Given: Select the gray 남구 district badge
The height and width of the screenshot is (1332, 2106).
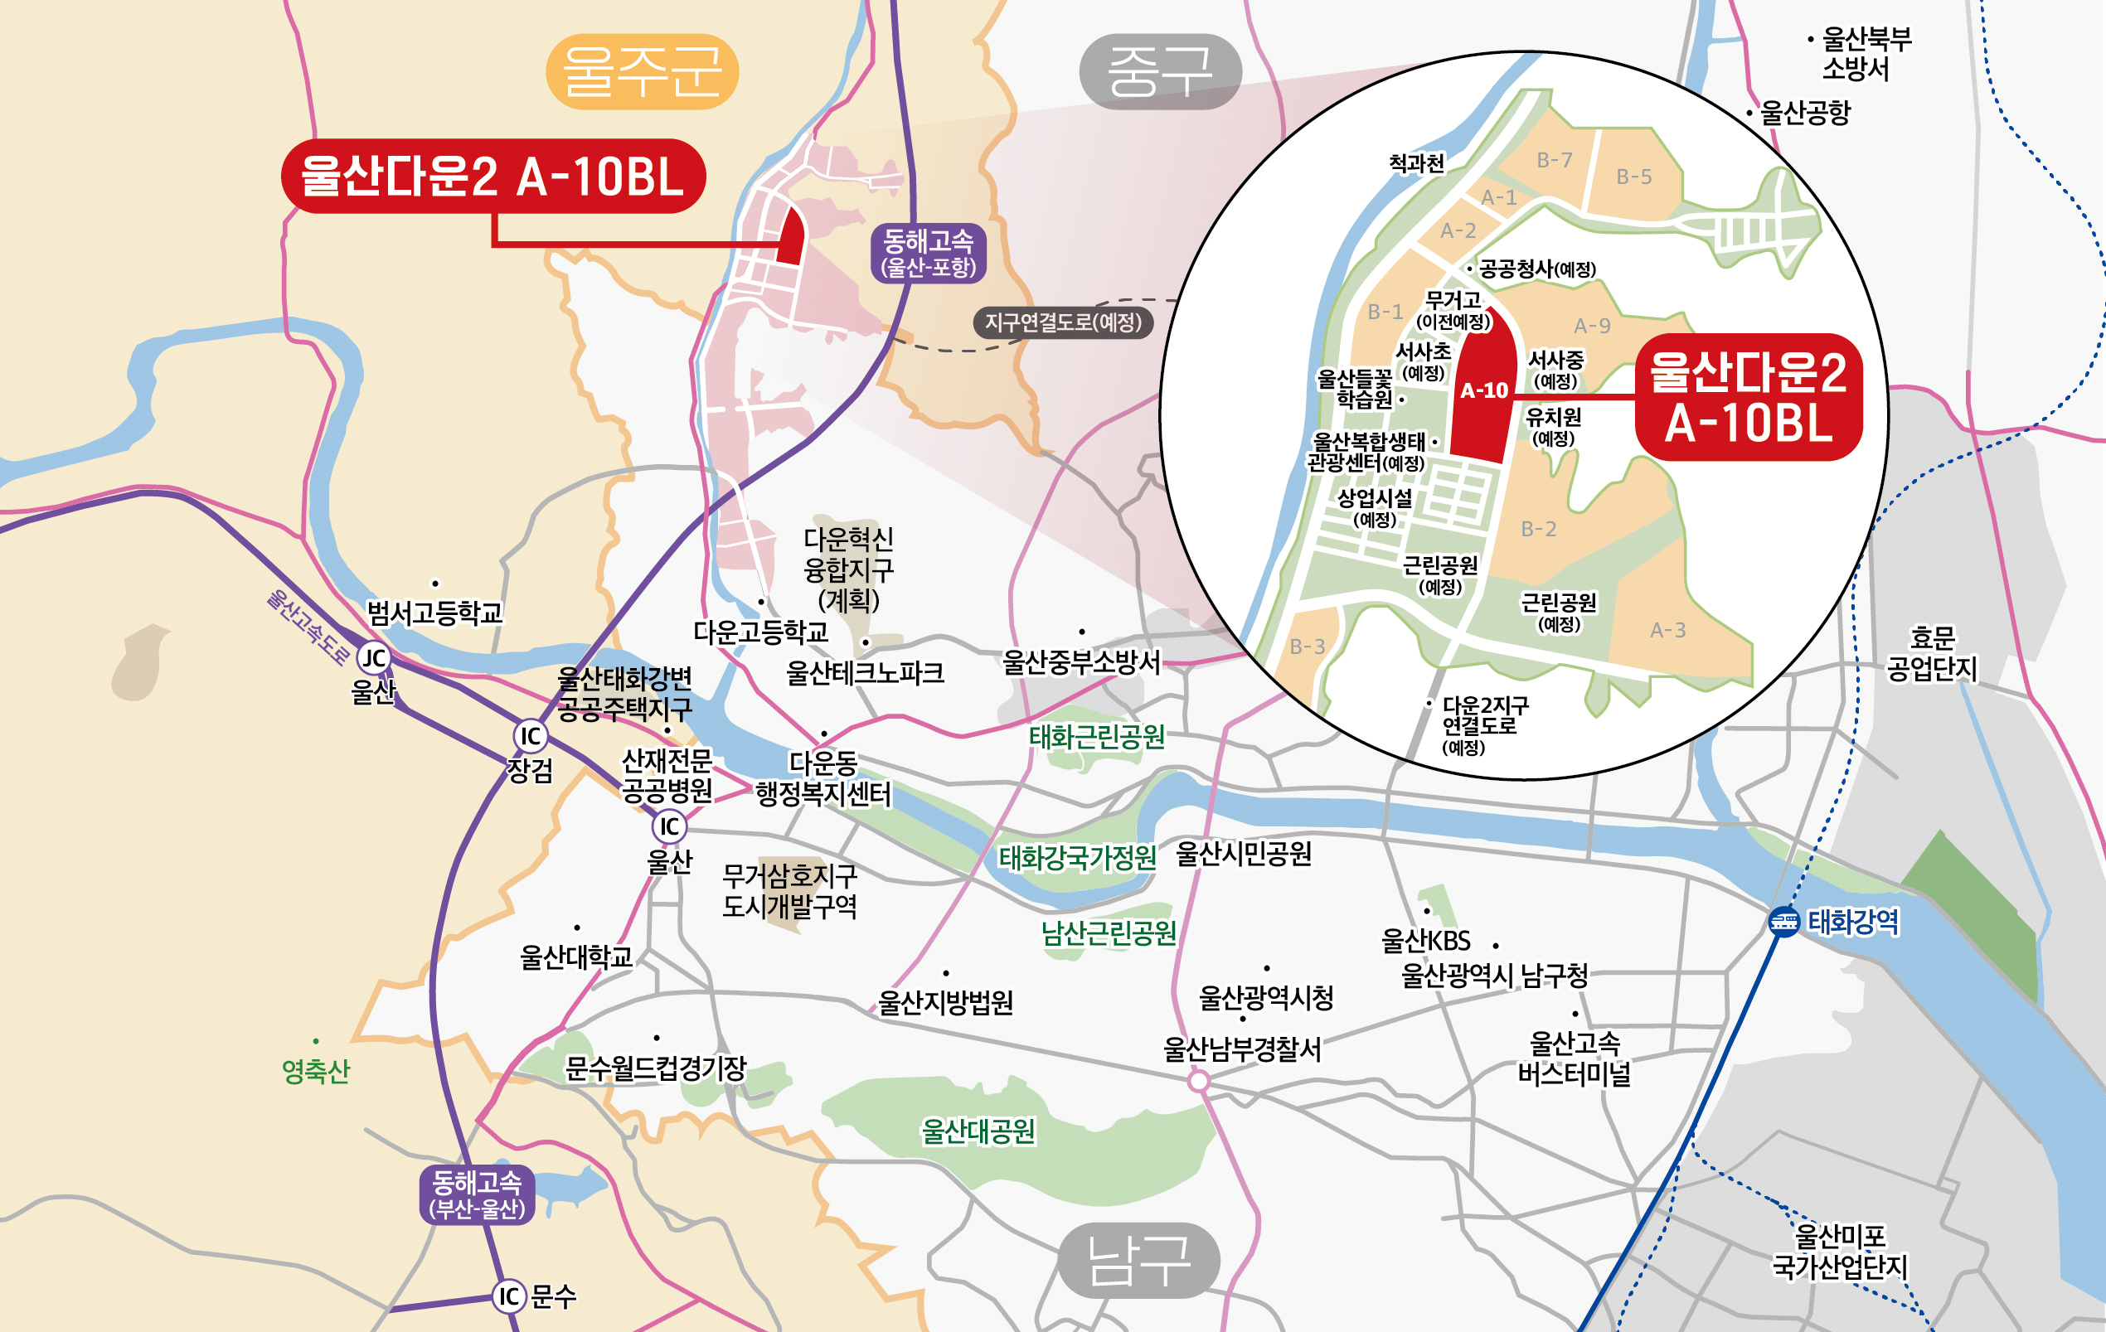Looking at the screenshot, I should point(1138,1260).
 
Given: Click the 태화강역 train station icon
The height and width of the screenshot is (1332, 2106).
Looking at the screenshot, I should point(1783,922).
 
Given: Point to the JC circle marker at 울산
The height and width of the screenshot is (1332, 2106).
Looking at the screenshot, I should point(374,657).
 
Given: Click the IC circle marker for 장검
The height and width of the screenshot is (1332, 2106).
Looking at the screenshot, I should point(530,735).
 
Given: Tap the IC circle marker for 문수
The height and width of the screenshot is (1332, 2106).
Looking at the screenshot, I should point(510,1296).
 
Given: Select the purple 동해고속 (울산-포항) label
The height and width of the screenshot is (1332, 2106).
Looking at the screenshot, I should point(928,253).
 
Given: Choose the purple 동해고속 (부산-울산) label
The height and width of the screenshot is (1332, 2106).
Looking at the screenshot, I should point(477,1194).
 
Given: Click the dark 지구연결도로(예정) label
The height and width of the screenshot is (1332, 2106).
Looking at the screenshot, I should point(1063,322).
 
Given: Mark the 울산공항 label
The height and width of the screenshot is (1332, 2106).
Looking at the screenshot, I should point(1804,113).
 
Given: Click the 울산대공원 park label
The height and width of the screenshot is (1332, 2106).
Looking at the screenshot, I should point(978,1131).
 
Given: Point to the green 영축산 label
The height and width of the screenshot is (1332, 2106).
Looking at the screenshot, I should point(316,1072).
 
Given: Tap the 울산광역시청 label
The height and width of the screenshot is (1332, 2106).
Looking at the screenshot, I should point(1265,998).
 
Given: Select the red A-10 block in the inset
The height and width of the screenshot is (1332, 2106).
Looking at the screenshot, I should point(1484,390).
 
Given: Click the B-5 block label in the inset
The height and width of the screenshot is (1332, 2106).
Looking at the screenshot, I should point(1633,177).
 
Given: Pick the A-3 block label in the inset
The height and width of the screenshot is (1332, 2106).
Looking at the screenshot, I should point(1667,630).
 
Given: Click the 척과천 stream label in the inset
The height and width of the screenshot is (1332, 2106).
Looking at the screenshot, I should point(1416,163).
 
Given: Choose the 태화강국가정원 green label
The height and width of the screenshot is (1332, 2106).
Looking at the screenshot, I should point(1078,858).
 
